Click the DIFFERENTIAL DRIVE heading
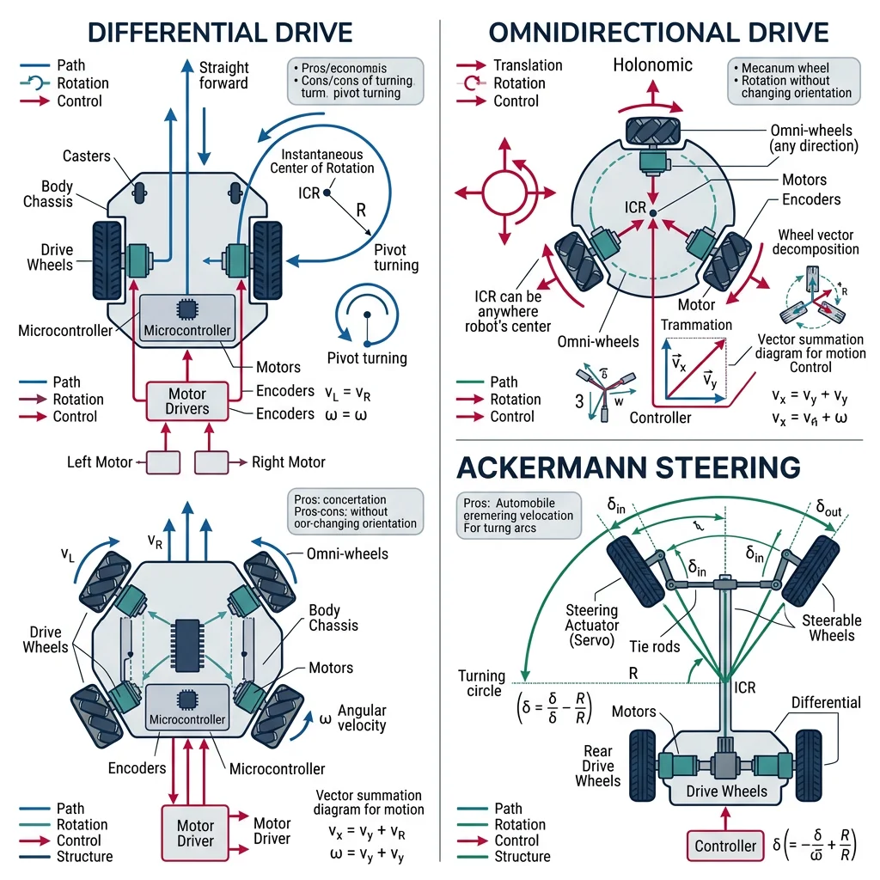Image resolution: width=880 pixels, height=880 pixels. [x=221, y=33]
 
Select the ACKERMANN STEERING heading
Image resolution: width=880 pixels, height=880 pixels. [x=628, y=467]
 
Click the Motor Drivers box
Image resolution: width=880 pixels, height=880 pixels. [x=186, y=400]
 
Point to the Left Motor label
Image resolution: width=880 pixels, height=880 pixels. [x=100, y=462]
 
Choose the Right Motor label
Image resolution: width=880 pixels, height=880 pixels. [x=288, y=462]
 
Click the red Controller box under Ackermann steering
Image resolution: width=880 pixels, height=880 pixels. [x=724, y=846]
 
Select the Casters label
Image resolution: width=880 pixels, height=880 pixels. [x=86, y=156]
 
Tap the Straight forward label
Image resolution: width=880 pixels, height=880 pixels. [x=223, y=76]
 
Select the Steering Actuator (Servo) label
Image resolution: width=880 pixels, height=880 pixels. [x=592, y=626]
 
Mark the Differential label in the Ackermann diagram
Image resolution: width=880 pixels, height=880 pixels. [x=825, y=702]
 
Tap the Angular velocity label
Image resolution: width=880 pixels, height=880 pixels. [x=361, y=718]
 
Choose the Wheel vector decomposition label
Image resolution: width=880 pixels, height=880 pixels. [x=817, y=241]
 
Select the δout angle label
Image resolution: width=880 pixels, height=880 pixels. [x=828, y=510]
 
